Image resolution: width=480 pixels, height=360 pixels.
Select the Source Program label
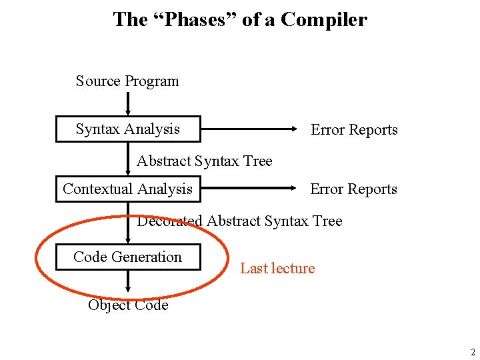(x=127, y=81)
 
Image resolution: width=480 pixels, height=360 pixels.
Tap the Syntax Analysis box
(x=128, y=129)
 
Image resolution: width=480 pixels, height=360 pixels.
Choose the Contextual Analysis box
(x=127, y=189)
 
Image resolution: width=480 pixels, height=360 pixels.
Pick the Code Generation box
(x=127, y=257)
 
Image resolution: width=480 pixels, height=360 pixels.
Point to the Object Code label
(x=128, y=305)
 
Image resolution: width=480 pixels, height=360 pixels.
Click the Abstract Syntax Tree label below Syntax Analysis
(x=204, y=161)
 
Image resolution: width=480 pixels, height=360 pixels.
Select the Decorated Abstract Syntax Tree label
(x=239, y=221)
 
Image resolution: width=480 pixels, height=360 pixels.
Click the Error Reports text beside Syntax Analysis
(x=354, y=130)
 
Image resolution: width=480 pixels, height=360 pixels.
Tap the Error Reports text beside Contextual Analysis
(x=353, y=189)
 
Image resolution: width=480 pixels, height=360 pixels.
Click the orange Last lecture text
(x=277, y=269)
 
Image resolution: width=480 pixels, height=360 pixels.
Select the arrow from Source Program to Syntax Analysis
(x=128, y=103)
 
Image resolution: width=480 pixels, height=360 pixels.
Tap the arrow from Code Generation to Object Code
(x=128, y=284)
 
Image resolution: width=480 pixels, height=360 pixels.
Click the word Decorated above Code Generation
(x=169, y=221)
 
